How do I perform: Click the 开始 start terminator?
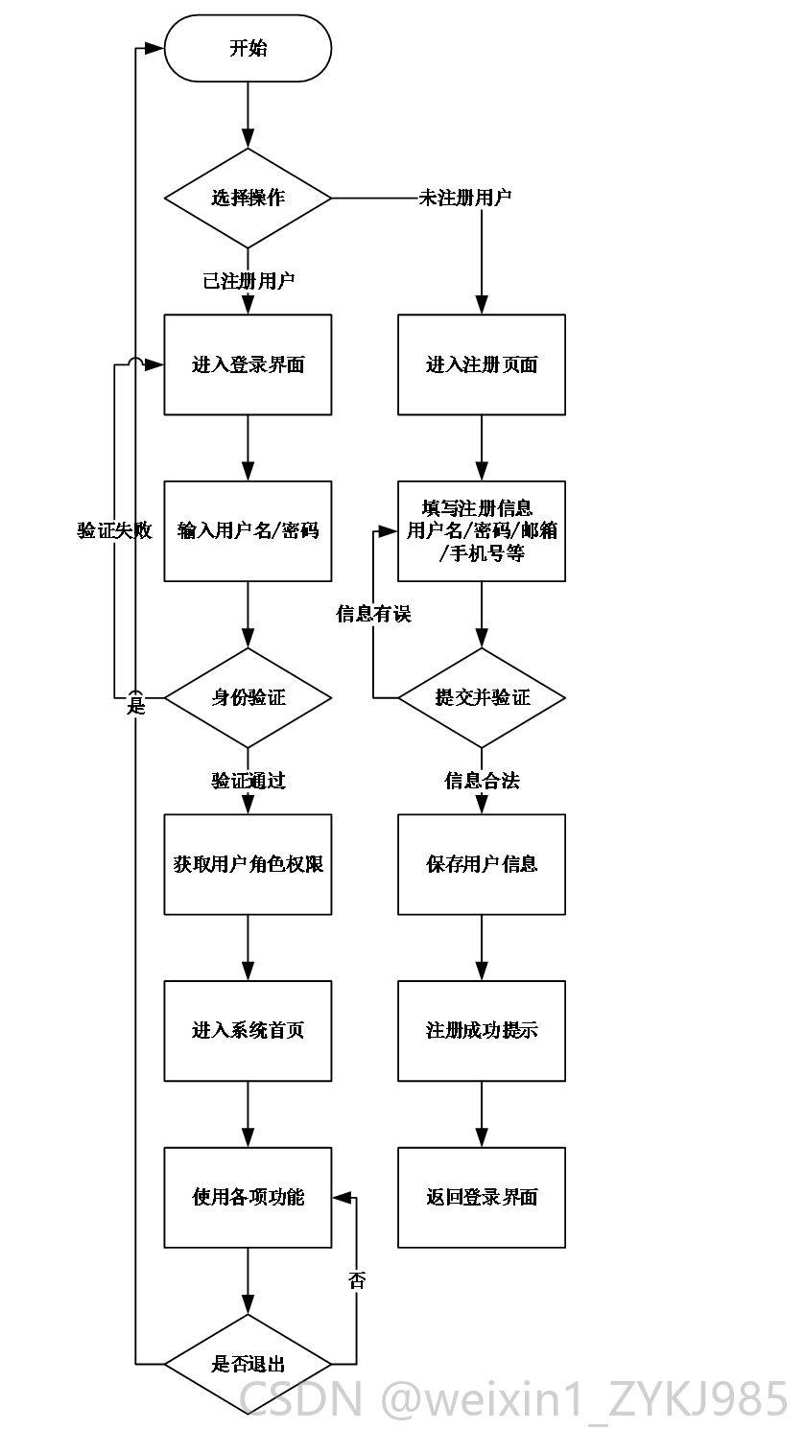click(248, 49)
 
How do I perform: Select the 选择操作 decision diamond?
click(248, 198)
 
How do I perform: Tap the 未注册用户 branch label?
click(464, 198)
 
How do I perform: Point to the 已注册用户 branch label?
click(249, 281)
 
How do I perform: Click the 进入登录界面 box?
click(248, 364)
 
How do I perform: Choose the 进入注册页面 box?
click(482, 364)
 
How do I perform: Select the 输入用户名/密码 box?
click(248, 530)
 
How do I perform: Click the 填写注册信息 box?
click(482, 530)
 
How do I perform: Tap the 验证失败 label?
click(115, 530)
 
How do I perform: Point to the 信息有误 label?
click(374, 614)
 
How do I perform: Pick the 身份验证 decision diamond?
click(248, 697)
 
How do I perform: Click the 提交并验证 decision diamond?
click(482, 697)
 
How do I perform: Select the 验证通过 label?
click(249, 781)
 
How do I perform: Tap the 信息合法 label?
click(482, 781)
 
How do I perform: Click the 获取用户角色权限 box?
click(248, 864)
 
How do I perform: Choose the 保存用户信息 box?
click(482, 864)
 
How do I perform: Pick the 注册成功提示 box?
click(482, 1031)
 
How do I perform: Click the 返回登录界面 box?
click(482, 1198)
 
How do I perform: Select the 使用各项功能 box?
click(248, 1198)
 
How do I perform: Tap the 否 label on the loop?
click(357, 1280)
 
